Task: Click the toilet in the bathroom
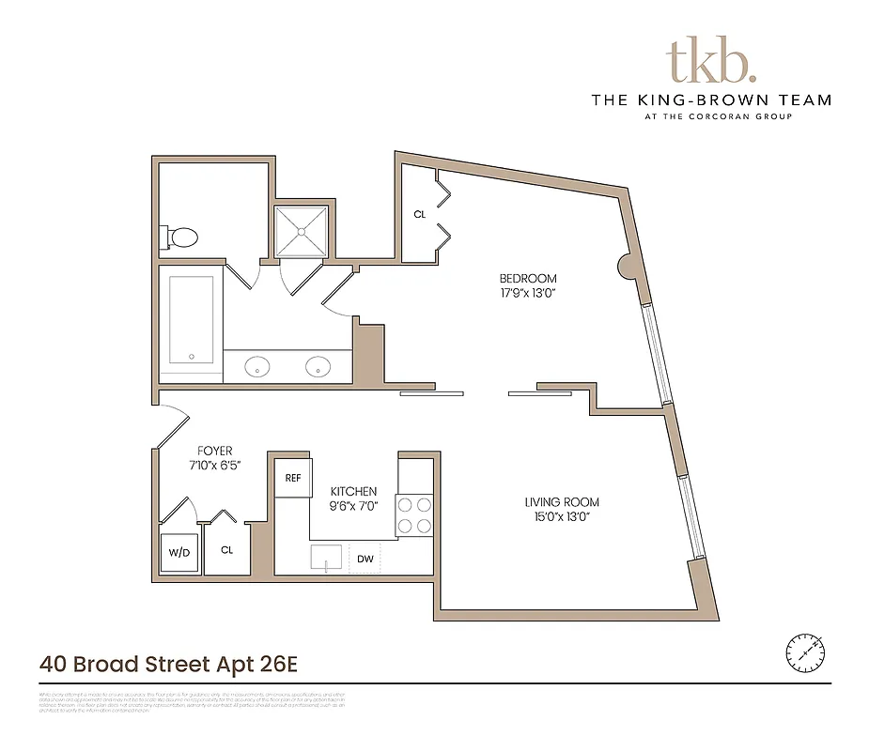point(181,238)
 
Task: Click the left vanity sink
point(258,366)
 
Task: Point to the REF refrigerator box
point(293,478)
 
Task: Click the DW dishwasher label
point(366,559)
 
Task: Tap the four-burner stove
point(414,514)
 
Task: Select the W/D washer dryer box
point(179,552)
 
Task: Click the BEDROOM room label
point(527,279)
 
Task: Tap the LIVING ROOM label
point(562,502)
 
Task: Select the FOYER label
point(214,451)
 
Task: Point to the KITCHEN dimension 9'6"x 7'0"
point(353,507)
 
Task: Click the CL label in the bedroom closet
point(420,215)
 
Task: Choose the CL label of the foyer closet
point(227,550)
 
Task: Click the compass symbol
point(805,650)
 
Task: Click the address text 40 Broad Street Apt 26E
point(168,665)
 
